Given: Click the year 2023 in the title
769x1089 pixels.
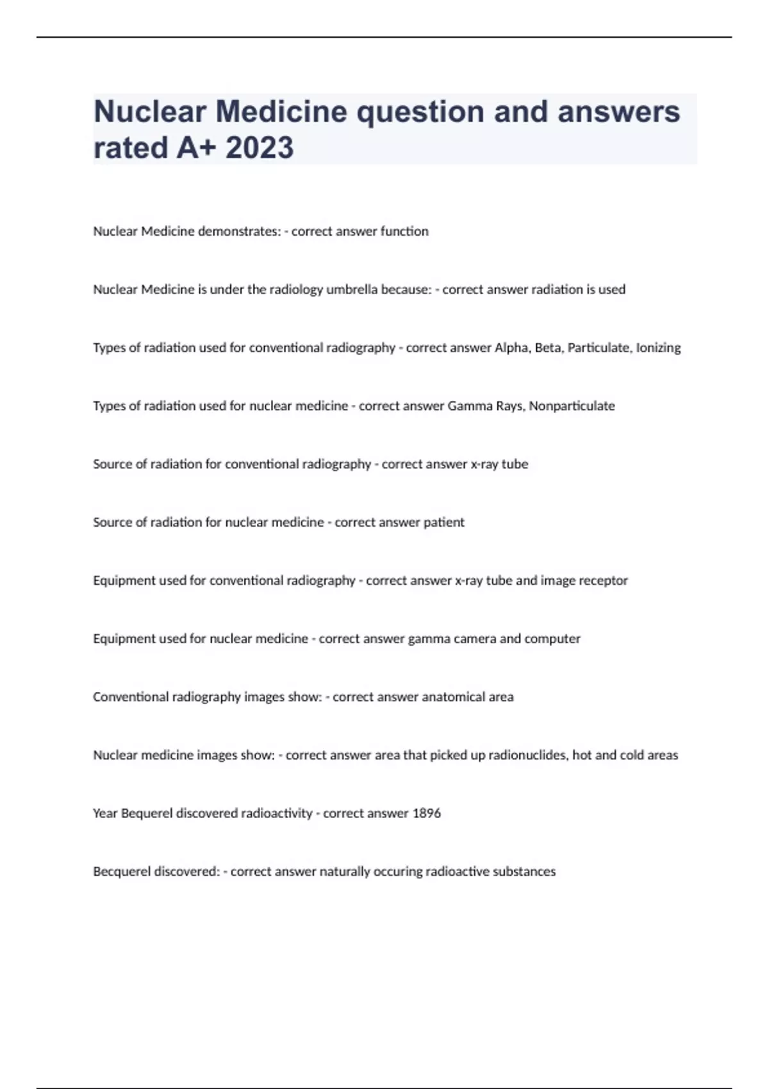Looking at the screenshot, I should pos(260,147).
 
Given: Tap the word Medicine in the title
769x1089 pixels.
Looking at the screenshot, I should pos(282,111).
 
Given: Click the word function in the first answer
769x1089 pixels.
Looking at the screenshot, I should pos(404,231).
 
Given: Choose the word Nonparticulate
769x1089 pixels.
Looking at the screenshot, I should pos(572,406).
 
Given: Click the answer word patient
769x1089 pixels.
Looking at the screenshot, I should pos(443,522).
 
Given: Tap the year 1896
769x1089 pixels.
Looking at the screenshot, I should pos(426,814).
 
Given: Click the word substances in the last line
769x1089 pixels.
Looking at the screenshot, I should pos(524,872).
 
